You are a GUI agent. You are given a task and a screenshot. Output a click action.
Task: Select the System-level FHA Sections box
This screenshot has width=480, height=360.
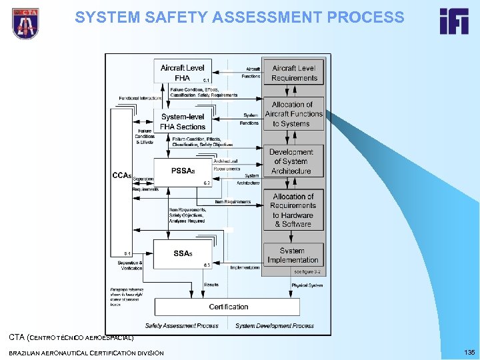click(183, 121)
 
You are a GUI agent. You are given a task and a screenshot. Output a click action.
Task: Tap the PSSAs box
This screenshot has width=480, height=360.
click(183, 172)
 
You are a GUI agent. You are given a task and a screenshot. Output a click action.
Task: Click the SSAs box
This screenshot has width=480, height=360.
click(183, 253)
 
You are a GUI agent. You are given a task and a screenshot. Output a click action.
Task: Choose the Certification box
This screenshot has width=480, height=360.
click(228, 307)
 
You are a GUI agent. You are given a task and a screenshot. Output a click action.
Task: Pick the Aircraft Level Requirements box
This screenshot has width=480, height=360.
click(294, 73)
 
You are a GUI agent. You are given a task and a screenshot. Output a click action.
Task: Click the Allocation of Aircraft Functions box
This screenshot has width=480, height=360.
click(294, 114)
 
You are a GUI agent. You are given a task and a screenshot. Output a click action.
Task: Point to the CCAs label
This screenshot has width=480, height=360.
click(121, 176)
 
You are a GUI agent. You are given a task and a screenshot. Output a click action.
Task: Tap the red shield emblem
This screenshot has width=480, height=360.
click(25, 23)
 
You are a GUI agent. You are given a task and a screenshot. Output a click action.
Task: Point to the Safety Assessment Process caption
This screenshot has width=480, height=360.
click(181, 326)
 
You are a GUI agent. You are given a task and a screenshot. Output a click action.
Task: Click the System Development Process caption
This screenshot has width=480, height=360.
click(275, 326)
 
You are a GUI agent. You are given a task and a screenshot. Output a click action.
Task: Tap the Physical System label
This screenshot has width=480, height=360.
click(307, 285)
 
